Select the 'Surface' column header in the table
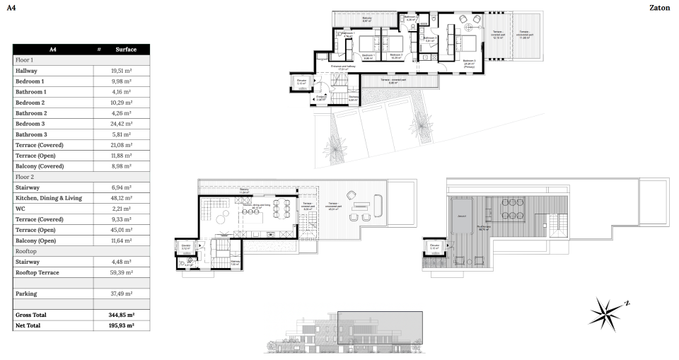[126, 50]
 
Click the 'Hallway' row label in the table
[26, 71]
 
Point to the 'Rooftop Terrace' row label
[37, 272]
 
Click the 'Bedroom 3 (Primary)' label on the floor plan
[469, 63]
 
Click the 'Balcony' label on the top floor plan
[366, 18]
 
